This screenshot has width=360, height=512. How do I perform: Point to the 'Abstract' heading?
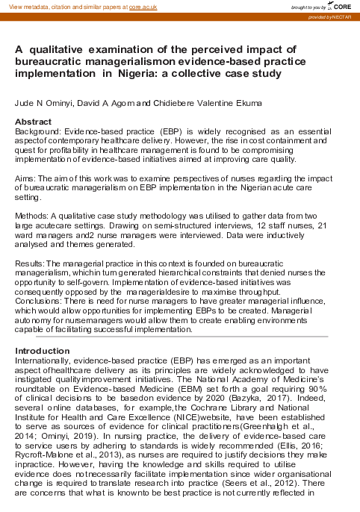point(33,122)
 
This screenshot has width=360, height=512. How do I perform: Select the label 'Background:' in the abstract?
point(37,131)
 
